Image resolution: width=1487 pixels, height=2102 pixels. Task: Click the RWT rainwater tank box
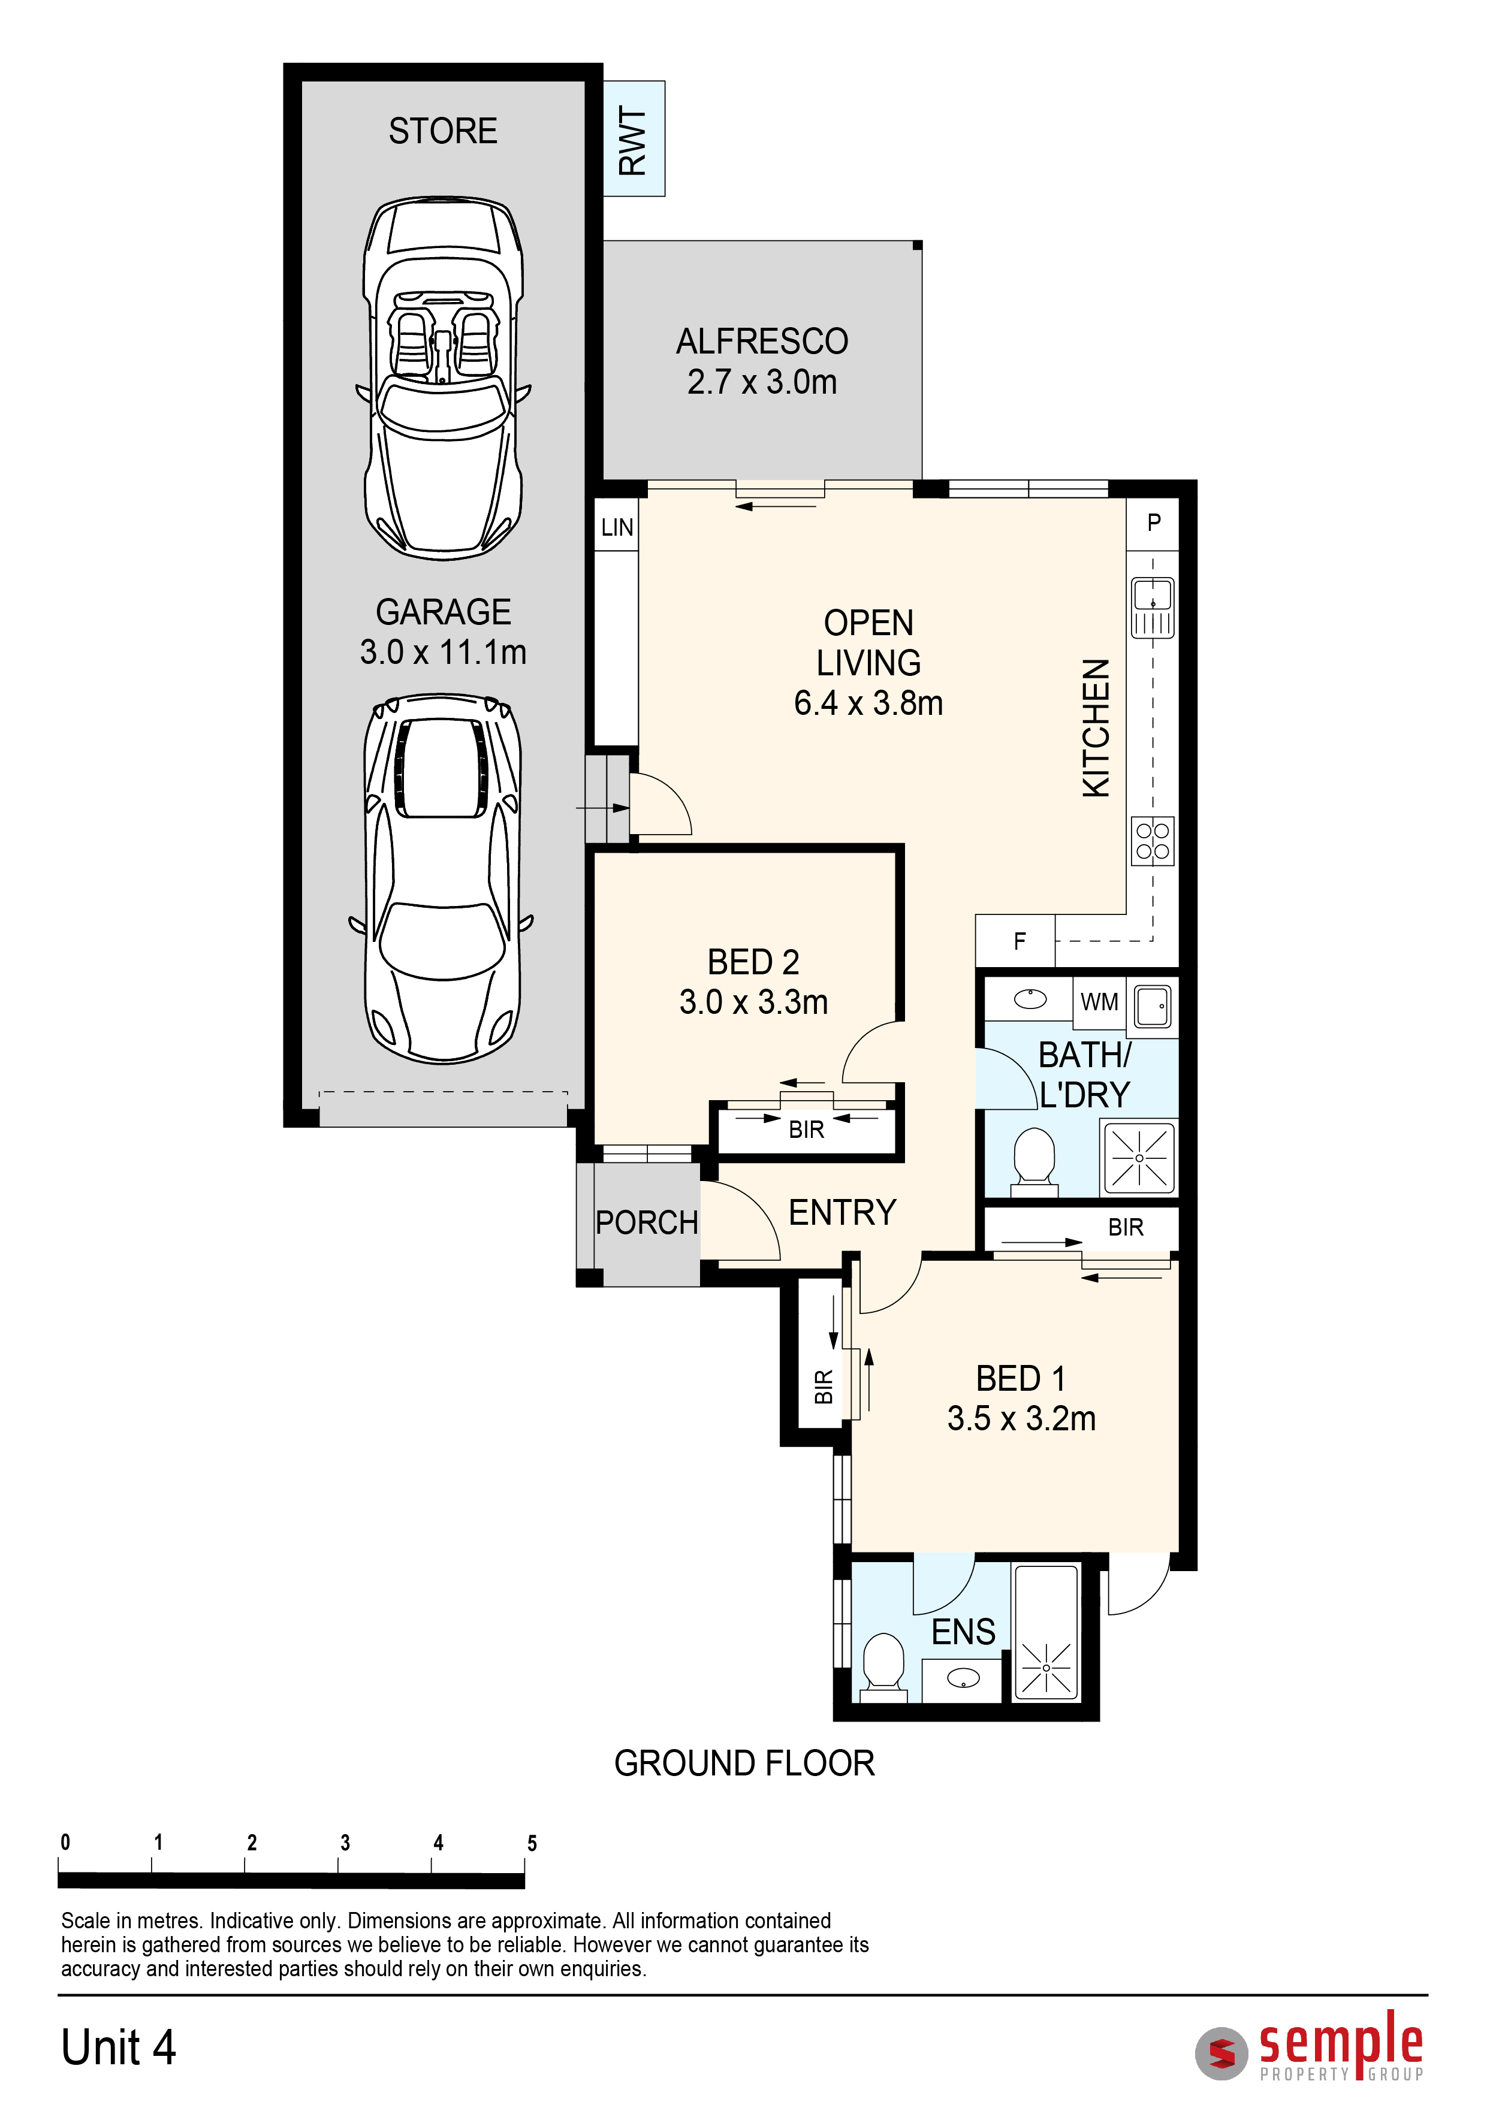coord(634,138)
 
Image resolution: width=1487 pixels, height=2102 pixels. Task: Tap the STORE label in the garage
coord(443,131)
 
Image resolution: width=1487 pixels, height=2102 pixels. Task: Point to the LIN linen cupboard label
coord(617,527)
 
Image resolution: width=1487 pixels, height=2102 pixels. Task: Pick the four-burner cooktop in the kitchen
coord(1153,841)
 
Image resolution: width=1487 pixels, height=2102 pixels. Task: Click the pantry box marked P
coord(1153,524)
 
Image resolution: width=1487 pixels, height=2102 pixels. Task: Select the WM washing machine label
coord(1100,1002)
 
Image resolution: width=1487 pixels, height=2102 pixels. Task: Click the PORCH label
coord(647,1222)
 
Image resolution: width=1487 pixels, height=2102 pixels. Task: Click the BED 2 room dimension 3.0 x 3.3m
coord(753,1002)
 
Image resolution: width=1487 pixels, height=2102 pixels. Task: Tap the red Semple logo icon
coord(1221,2053)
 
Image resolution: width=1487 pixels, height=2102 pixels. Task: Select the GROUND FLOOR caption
coord(744,1763)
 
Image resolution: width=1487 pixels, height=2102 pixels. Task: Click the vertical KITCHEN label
coord(1096,728)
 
